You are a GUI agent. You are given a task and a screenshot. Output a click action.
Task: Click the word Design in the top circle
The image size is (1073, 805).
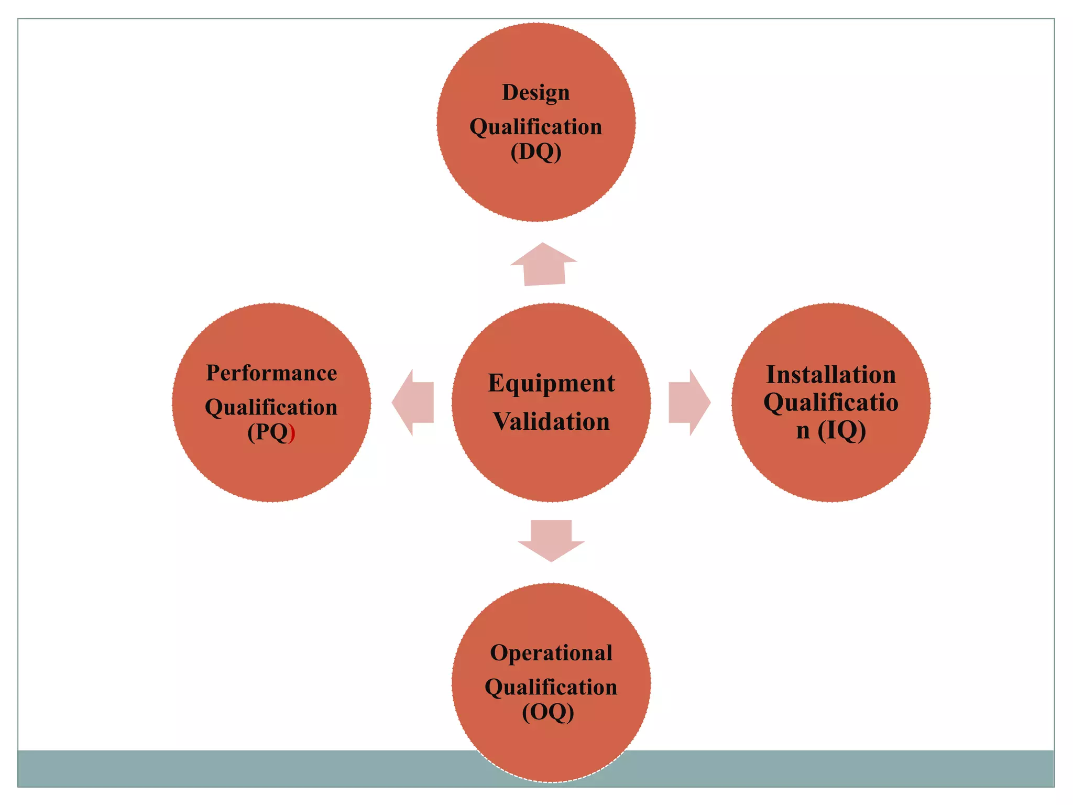(535, 93)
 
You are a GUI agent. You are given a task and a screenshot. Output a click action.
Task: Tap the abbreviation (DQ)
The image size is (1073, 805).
(536, 152)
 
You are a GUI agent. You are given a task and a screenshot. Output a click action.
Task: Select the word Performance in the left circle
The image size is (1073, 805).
(271, 373)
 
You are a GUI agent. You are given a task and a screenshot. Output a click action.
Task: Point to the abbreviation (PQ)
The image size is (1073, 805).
(270, 433)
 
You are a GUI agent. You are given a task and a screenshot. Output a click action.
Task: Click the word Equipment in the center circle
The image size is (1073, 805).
(551, 384)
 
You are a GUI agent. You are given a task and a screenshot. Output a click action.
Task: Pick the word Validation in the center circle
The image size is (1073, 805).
(551, 422)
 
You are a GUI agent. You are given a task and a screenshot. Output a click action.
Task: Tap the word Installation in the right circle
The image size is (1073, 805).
(831, 375)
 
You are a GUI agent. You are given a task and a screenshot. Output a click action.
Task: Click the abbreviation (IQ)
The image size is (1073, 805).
(841, 431)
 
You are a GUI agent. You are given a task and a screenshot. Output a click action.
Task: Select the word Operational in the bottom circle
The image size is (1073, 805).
(551, 653)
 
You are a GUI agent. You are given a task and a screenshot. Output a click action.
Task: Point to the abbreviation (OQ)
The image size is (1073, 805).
(548, 712)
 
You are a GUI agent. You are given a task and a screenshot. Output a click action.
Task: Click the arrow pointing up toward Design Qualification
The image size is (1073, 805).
(544, 265)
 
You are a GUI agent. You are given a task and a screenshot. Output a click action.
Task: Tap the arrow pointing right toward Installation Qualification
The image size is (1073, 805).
(689, 402)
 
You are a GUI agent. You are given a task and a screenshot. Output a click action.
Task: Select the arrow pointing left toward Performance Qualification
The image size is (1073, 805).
(413, 402)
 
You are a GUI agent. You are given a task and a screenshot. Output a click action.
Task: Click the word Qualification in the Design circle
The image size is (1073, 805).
(535, 127)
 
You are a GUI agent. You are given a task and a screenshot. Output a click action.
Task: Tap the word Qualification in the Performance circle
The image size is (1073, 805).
(271, 408)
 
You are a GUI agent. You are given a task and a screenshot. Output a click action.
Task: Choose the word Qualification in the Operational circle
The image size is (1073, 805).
(551, 688)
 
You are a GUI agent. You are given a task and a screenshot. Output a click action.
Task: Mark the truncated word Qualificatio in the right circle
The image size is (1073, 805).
(831, 402)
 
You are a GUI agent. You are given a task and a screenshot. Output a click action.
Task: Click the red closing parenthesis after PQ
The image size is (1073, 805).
(292, 434)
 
